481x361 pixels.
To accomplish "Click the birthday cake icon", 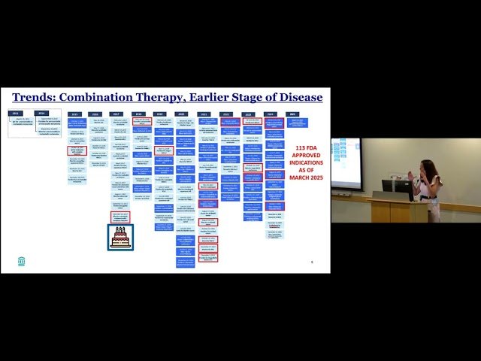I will pyautogui.click(x=120, y=237).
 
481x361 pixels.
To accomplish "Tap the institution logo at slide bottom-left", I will pyautogui.click(x=21, y=261).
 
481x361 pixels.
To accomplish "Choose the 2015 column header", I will pyautogui.click(x=75, y=114).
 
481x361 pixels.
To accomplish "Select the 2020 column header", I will pyautogui.click(x=183, y=114).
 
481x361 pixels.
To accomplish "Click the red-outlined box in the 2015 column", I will pyautogui.click(x=77, y=150).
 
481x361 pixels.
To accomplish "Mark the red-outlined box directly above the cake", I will pyautogui.click(x=119, y=217).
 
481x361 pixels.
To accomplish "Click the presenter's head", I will pyautogui.click(x=422, y=167).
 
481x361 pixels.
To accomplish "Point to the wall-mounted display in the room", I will pyautogui.click(x=346, y=163).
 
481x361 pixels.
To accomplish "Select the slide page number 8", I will pyautogui.click(x=312, y=261).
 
